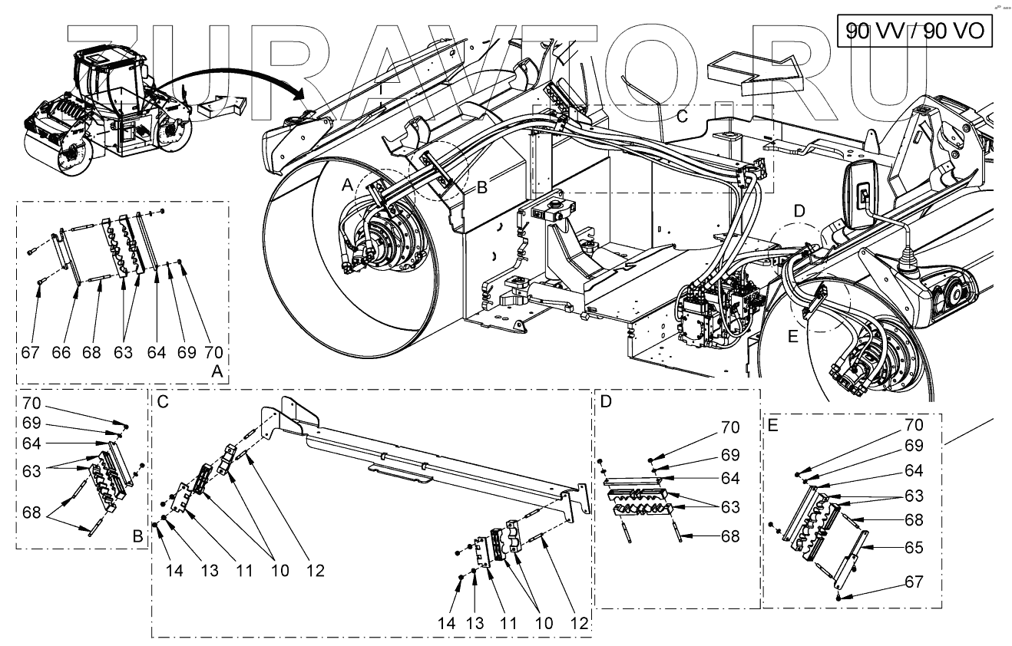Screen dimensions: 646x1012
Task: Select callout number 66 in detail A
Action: [61, 353]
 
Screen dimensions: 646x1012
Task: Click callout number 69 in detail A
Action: [187, 353]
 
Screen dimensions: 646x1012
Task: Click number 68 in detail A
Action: [91, 353]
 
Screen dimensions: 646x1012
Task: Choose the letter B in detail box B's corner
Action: [137, 537]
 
